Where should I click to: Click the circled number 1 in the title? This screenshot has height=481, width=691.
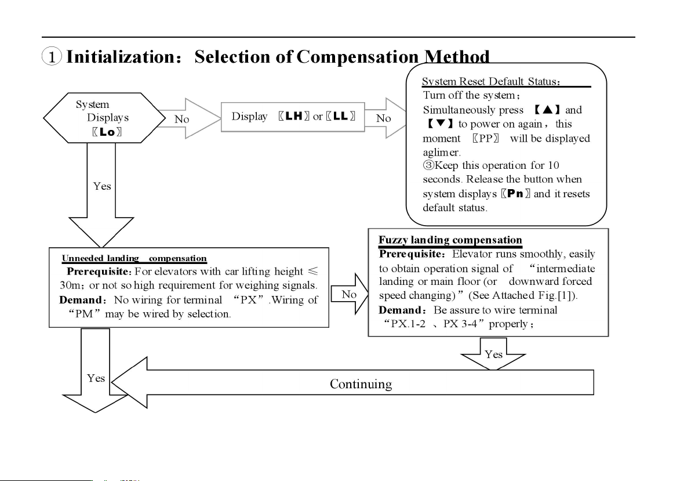52,57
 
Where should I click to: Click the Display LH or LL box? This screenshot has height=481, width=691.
293,117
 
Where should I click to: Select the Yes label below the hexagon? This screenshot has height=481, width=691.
102,186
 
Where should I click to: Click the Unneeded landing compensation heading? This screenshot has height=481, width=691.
134,258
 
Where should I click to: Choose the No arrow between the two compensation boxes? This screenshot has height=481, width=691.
351,294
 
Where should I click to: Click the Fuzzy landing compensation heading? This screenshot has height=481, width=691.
450,240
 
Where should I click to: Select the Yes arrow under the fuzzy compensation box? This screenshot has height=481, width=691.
493,353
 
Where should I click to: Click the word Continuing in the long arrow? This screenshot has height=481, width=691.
361,384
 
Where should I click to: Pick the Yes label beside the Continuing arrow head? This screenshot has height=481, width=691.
96,378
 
